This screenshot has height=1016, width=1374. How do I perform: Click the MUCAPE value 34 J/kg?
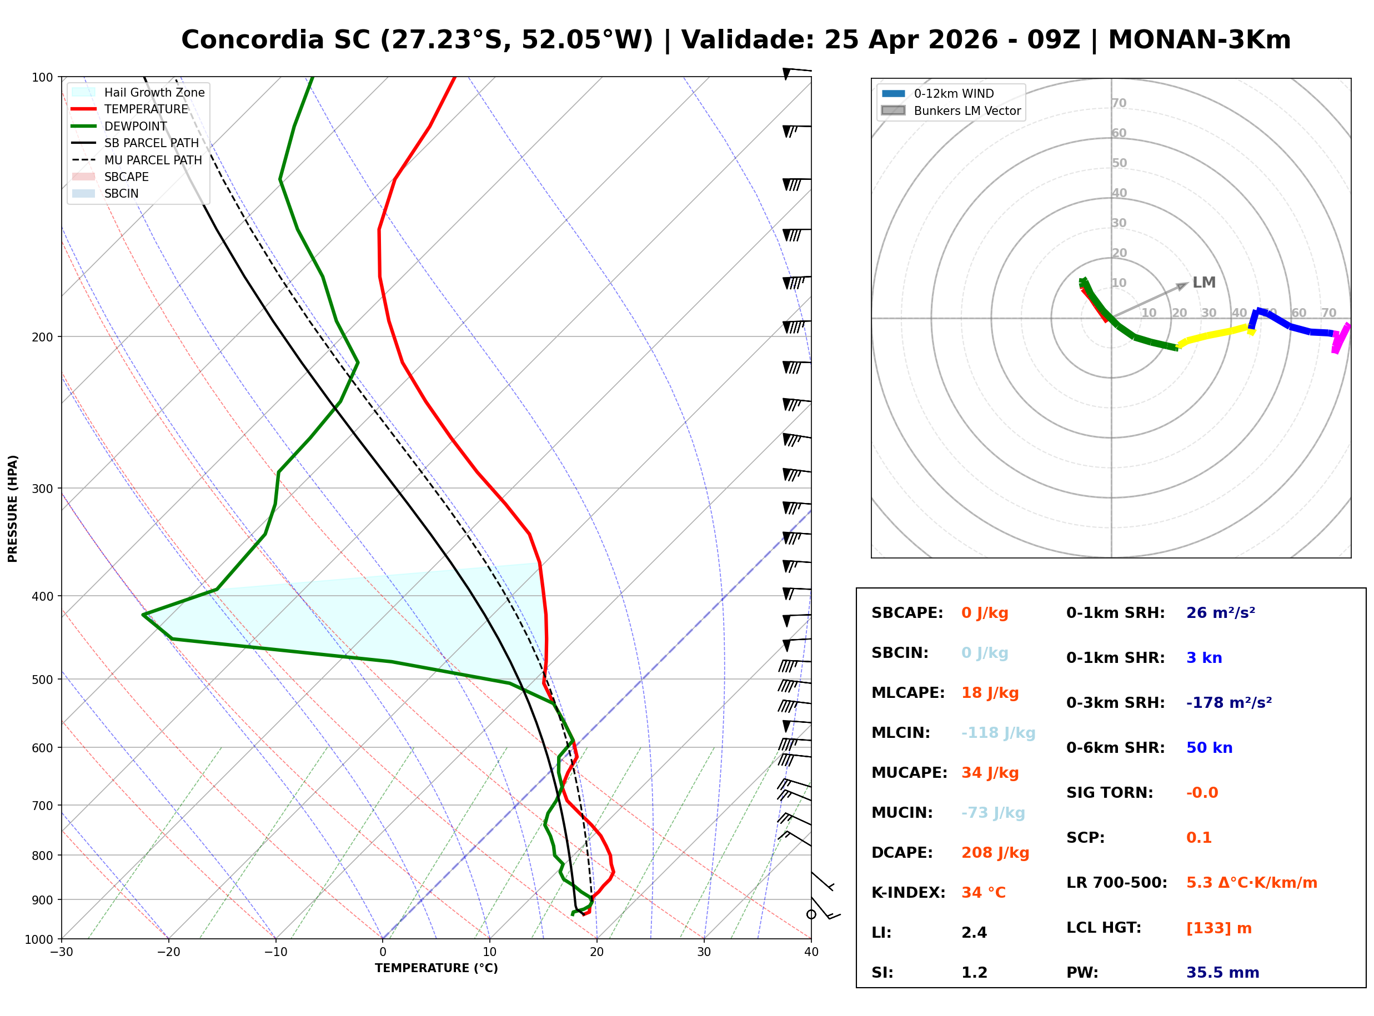990,772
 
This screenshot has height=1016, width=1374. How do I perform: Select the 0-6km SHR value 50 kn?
1209,747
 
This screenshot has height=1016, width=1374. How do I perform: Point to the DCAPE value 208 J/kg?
995,852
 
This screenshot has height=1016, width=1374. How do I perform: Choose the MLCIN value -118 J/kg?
998,732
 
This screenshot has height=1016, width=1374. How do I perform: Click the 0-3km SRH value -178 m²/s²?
1229,702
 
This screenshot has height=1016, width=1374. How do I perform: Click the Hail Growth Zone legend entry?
154,92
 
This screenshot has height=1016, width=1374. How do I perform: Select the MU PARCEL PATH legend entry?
153,160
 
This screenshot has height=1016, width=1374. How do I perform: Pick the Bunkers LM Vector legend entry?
967,110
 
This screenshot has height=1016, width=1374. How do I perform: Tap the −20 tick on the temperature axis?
168,952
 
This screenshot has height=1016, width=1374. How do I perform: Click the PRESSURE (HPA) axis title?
13,509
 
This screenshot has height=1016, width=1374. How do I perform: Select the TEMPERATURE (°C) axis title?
436,968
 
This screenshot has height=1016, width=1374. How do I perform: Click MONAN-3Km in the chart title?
1199,40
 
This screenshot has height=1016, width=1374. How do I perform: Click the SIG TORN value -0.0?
1202,792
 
